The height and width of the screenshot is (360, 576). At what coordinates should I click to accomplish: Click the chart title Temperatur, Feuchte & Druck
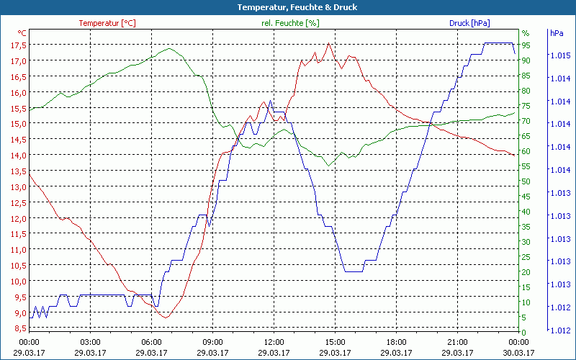pyautogui.click(x=288, y=7)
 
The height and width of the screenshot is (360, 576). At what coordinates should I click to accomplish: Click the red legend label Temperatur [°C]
pyautogui.click(x=107, y=23)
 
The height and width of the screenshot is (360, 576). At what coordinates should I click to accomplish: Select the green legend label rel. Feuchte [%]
pyautogui.click(x=290, y=23)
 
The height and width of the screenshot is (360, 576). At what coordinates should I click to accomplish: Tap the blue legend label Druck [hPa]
pyautogui.click(x=469, y=23)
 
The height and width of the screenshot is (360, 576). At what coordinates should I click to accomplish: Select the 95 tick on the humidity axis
pyautogui.click(x=526, y=45)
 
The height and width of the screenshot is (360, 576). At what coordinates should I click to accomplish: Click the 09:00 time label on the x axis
pyautogui.click(x=212, y=342)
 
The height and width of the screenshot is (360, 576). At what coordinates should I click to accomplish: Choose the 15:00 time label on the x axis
pyautogui.click(x=335, y=342)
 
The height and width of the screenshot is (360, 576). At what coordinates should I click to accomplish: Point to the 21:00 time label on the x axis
pyautogui.click(x=457, y=342)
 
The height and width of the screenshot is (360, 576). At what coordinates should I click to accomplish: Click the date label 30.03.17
pyautogui.click(x=518, y=353)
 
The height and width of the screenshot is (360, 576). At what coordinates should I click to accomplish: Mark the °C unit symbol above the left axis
pyautogui.click(x=22, y=33)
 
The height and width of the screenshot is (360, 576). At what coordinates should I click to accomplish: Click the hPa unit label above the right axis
pyautogui.click(x=557, y=33)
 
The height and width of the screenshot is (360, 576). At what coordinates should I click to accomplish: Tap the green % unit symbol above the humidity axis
pyautogui.click(x=526, y=33)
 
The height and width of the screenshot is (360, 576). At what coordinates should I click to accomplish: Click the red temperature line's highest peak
pyautogui.click(x=328, y=43)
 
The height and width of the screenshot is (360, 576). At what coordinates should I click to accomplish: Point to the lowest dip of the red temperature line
pyautogui.click(x=166, y=318)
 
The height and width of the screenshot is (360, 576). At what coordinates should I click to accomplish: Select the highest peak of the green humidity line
pyautogui.click(x=169, y=49)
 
